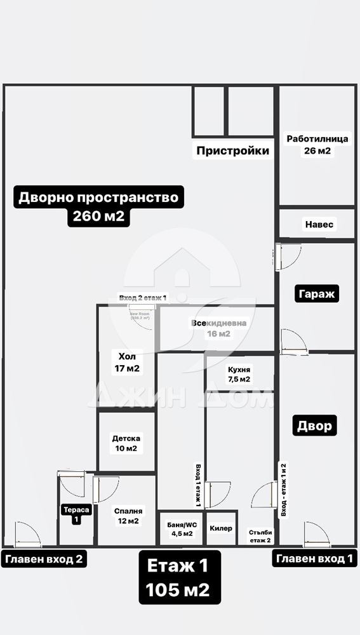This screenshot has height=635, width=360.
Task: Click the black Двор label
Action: click(315, 425)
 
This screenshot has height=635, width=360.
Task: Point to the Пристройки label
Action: click(232, 150)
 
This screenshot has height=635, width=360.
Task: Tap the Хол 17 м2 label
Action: click(126, 362)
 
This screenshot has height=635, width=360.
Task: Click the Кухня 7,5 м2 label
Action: click(239, 374)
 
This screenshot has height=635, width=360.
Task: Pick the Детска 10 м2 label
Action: click(126, 443)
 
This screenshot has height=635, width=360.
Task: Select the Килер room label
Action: click(221, 528)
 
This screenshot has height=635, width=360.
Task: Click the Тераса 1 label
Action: click(76, 514)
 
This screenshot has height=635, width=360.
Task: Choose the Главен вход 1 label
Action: click(314, 559)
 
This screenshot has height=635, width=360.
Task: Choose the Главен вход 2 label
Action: click(44, 559)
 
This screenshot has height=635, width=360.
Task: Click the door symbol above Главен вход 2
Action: click(27, 535)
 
